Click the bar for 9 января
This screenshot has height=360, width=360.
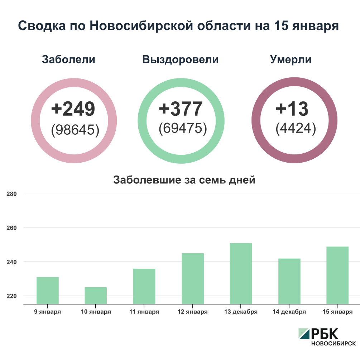(x=48, y=291)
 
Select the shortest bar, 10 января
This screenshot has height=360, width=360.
(x=96, y=296)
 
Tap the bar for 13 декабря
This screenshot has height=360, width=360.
(x=241, y=273)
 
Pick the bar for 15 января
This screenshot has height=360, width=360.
(x=337, y=275)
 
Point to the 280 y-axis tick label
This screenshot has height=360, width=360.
(x=12, y=194)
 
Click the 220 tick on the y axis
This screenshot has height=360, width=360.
(x=12, y=296)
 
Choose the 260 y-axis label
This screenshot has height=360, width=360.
(x=12, y=228)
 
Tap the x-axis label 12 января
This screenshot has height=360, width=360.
(x=192, y=312)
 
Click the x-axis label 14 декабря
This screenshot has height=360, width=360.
(x=289, y=312)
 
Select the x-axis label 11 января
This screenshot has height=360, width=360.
(x=144, y=312)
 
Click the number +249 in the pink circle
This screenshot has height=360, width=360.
(x=73, y=109)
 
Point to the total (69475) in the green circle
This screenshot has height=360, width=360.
(x=183, y=129)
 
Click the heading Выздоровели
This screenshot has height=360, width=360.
(x=180, y=59)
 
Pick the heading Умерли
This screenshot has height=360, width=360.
(x=291, y=59)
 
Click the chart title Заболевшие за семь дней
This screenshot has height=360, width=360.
(x=184, y=179)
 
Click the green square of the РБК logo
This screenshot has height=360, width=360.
(x=304, y=333)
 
